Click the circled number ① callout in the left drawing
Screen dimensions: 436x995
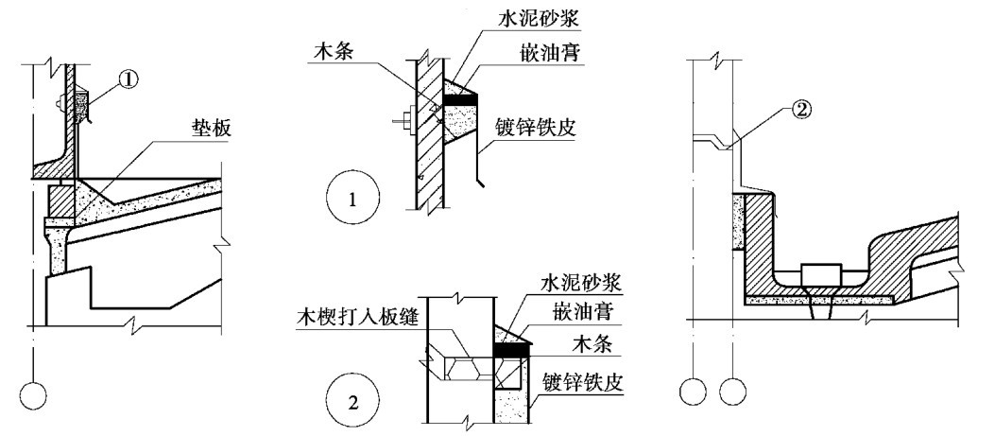(130, 79)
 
